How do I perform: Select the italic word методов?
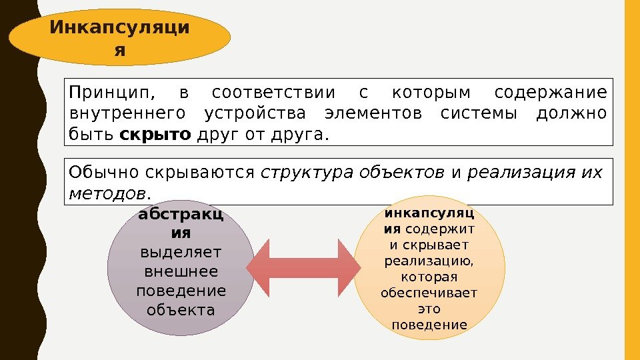[x=107, y=193]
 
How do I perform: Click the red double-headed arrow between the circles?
[x=303, y=269]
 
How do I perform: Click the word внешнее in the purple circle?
[x=181, y=273]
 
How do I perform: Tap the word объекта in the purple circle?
[x=181, y=310]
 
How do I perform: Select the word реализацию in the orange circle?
[x=429, y=259]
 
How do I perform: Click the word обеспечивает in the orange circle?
[x=429, y=293]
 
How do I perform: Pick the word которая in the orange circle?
[x=429, y=276]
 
